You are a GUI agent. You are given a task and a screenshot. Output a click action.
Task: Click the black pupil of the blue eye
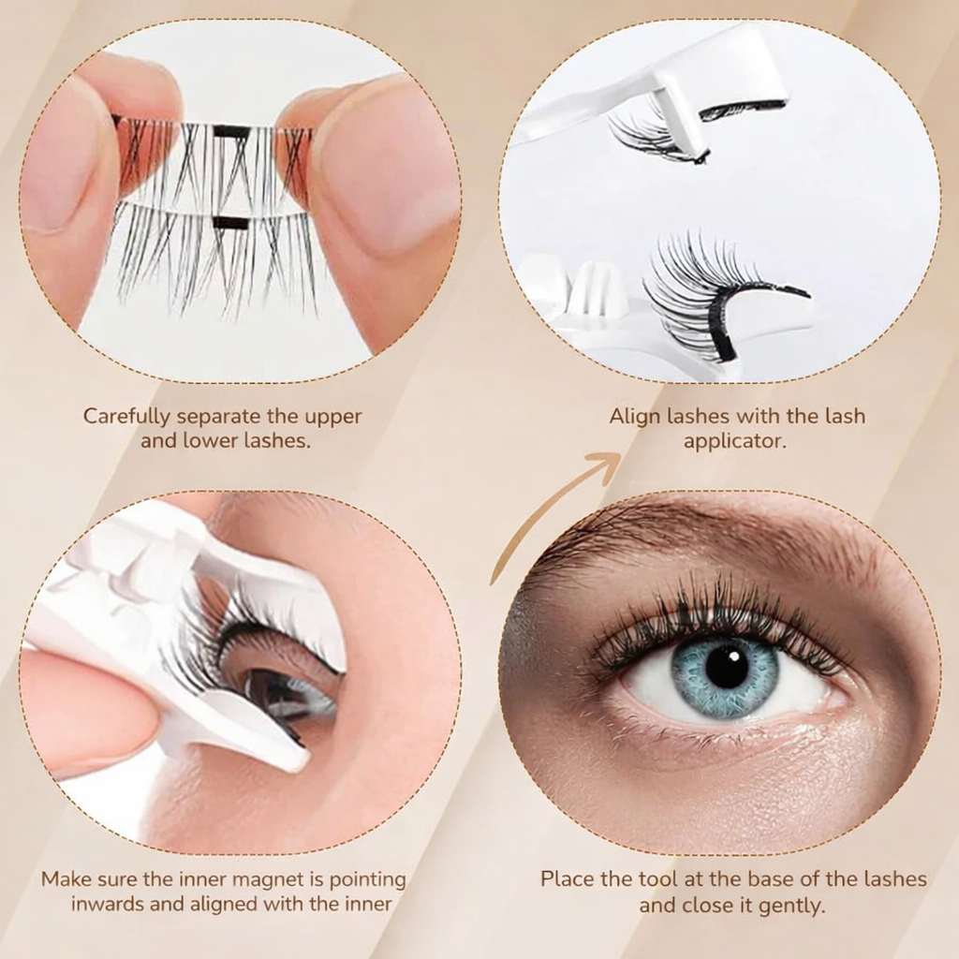point(726,667)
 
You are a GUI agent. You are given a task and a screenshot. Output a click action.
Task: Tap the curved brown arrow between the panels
point(553,515)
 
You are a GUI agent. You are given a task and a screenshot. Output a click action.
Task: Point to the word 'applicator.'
point(735,440)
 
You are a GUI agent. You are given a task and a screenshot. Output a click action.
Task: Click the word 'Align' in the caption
point(636,416)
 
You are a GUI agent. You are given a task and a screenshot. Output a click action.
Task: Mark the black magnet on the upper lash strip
point(231,132)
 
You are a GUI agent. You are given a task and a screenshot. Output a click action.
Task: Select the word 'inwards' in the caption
point(107,905)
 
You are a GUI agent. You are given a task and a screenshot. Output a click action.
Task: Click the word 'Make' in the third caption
point(64,879)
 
